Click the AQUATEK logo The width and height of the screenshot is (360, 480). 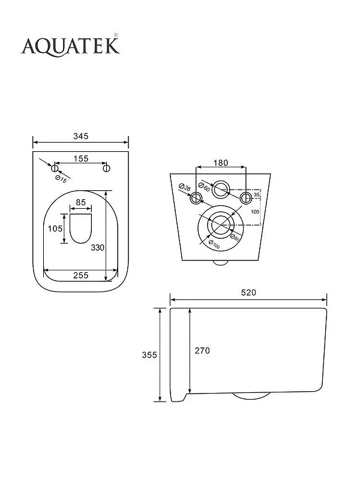click(x=70, y=46)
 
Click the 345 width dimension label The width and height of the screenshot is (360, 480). click(x=81, y=136)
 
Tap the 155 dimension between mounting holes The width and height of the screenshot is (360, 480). click(x=81, y=158)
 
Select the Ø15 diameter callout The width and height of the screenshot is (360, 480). click(x=61, y=179)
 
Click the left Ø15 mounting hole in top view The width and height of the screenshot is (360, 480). click(x=55, y=168)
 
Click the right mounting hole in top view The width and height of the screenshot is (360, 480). click(x=106, y=168)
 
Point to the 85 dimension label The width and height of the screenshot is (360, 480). click(x=81, y=203)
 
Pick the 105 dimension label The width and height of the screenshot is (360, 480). click(x=55, y=229)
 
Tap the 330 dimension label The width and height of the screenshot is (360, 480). click(x=98, y=248)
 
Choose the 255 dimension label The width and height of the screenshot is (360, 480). click(x=81, y=275)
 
